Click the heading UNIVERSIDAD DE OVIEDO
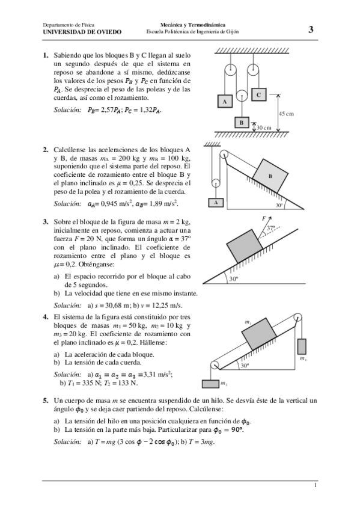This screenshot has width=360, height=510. coord(82,32)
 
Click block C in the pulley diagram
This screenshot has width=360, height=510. coord(258,94)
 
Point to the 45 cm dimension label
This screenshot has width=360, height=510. coord(286,114)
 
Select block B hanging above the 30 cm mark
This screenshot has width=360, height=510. coord(241,122)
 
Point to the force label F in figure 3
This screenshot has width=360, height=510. coord(263,218)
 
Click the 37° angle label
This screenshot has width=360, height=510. coord(271,228)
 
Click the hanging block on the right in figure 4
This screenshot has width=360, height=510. coord(302,347)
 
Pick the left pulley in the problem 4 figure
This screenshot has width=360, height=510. coord(215,364)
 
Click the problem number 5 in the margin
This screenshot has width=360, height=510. coord(46,400)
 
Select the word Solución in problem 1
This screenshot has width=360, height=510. coord(67,110)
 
